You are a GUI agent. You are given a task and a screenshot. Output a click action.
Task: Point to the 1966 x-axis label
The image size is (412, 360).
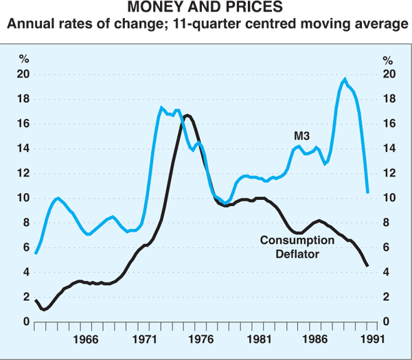coord(86,339)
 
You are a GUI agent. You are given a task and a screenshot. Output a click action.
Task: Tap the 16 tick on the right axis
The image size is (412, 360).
coord(389,124)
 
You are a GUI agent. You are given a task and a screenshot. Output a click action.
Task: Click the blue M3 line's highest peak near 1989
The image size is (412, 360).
coord(344,79)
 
